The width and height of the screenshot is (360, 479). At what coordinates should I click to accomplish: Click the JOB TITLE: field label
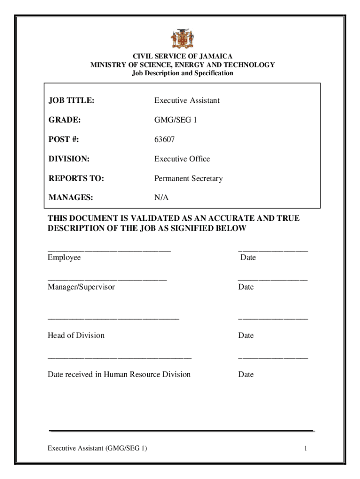click(x=71, y=101)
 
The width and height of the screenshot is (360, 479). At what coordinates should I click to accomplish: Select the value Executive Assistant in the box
click(x=187, y=101)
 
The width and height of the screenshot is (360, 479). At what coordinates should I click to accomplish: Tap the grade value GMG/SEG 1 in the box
click(x=176, y=120)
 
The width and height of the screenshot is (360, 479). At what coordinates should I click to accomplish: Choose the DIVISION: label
click(x=69, y=159)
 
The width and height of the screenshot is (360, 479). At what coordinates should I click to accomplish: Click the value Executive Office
click(x=182, y=159)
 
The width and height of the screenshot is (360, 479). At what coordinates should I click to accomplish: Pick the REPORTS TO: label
click(x=76, y=179)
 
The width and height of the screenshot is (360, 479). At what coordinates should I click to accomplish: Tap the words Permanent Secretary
click(x=188, y=179)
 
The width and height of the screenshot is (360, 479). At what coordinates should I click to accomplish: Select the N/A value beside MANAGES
click(x=161, y=198)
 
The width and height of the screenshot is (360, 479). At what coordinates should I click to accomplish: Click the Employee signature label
click(x=64, y=258)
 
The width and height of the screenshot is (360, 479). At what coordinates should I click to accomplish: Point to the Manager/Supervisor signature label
click(x=81, y=287)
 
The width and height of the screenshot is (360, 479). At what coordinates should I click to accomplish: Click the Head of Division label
click(x=76, y=335)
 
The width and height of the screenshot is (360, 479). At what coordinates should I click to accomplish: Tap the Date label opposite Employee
click(x=248, y=258)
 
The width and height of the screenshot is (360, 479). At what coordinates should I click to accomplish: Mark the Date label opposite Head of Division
click(x=245, y=335)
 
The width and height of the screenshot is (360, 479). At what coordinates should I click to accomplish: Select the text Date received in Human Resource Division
click(x=119, y=374)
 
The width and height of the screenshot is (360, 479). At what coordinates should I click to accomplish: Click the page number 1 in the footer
click(x=305, y=449)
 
